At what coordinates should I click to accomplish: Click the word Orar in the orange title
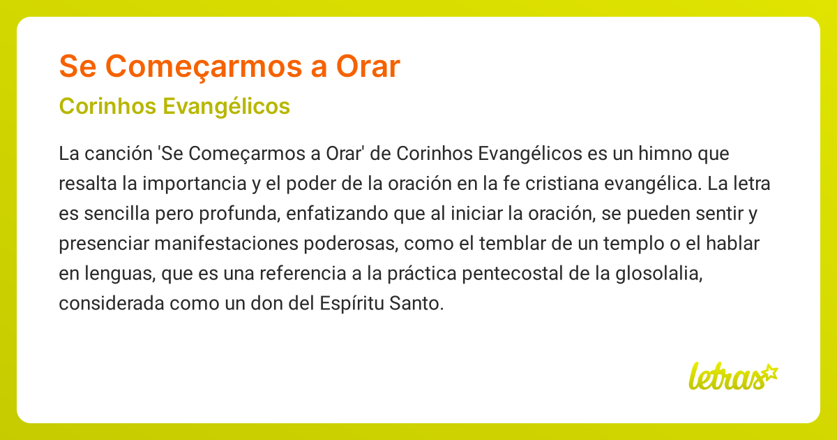pyautogui.click(x=368, y=66)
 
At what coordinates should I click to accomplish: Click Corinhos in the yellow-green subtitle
pyautogui.click(x=103, y=106)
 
